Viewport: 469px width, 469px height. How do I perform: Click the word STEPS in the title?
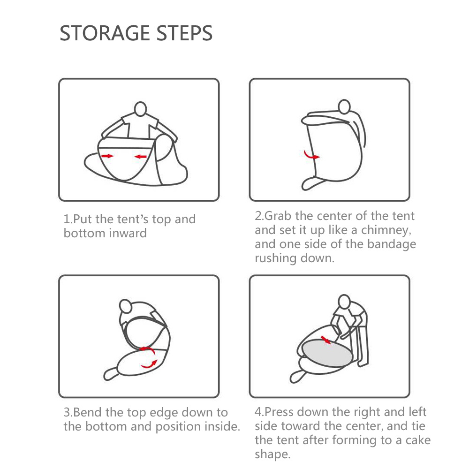[184, 33]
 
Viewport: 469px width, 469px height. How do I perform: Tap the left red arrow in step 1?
[107, 156]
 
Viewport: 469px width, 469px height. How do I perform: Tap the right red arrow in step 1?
[140, 157]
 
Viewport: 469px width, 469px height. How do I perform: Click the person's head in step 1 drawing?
[140, 109]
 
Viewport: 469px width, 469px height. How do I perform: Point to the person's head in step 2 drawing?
[344, 106]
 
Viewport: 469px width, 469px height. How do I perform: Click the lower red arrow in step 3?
[149, 364]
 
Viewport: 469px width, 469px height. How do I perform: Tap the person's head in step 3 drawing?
[125, 306]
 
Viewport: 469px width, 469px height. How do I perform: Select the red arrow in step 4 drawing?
[326, 340]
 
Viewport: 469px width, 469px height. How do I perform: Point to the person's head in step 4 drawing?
[344, 301]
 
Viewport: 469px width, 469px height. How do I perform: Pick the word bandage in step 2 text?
[392, 244]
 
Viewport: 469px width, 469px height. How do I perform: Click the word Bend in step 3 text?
[87, 412]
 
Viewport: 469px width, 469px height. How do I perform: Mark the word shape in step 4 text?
[272, 454]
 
